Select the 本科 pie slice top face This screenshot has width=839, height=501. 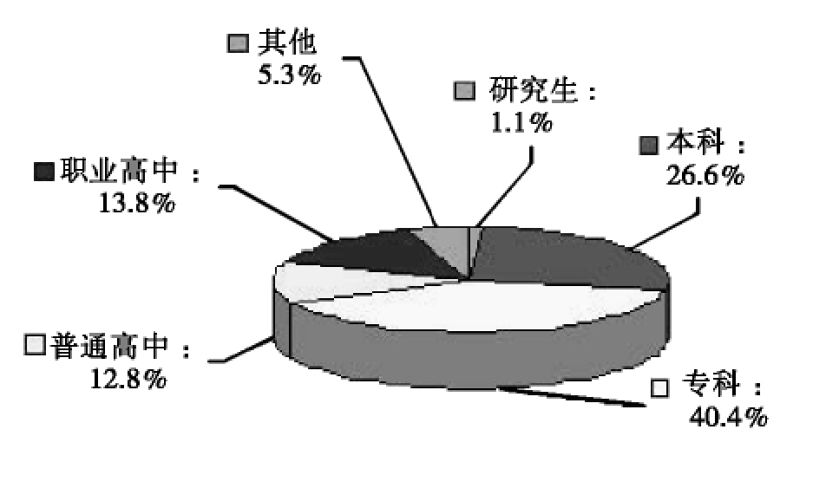pyautogui.click(x=564, y=260)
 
